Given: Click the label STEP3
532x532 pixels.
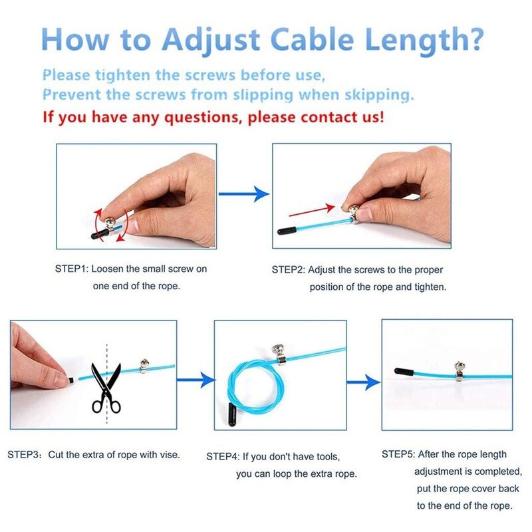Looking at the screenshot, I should (24, 456).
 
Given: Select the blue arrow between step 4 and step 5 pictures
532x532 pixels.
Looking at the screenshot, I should (363, 383).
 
